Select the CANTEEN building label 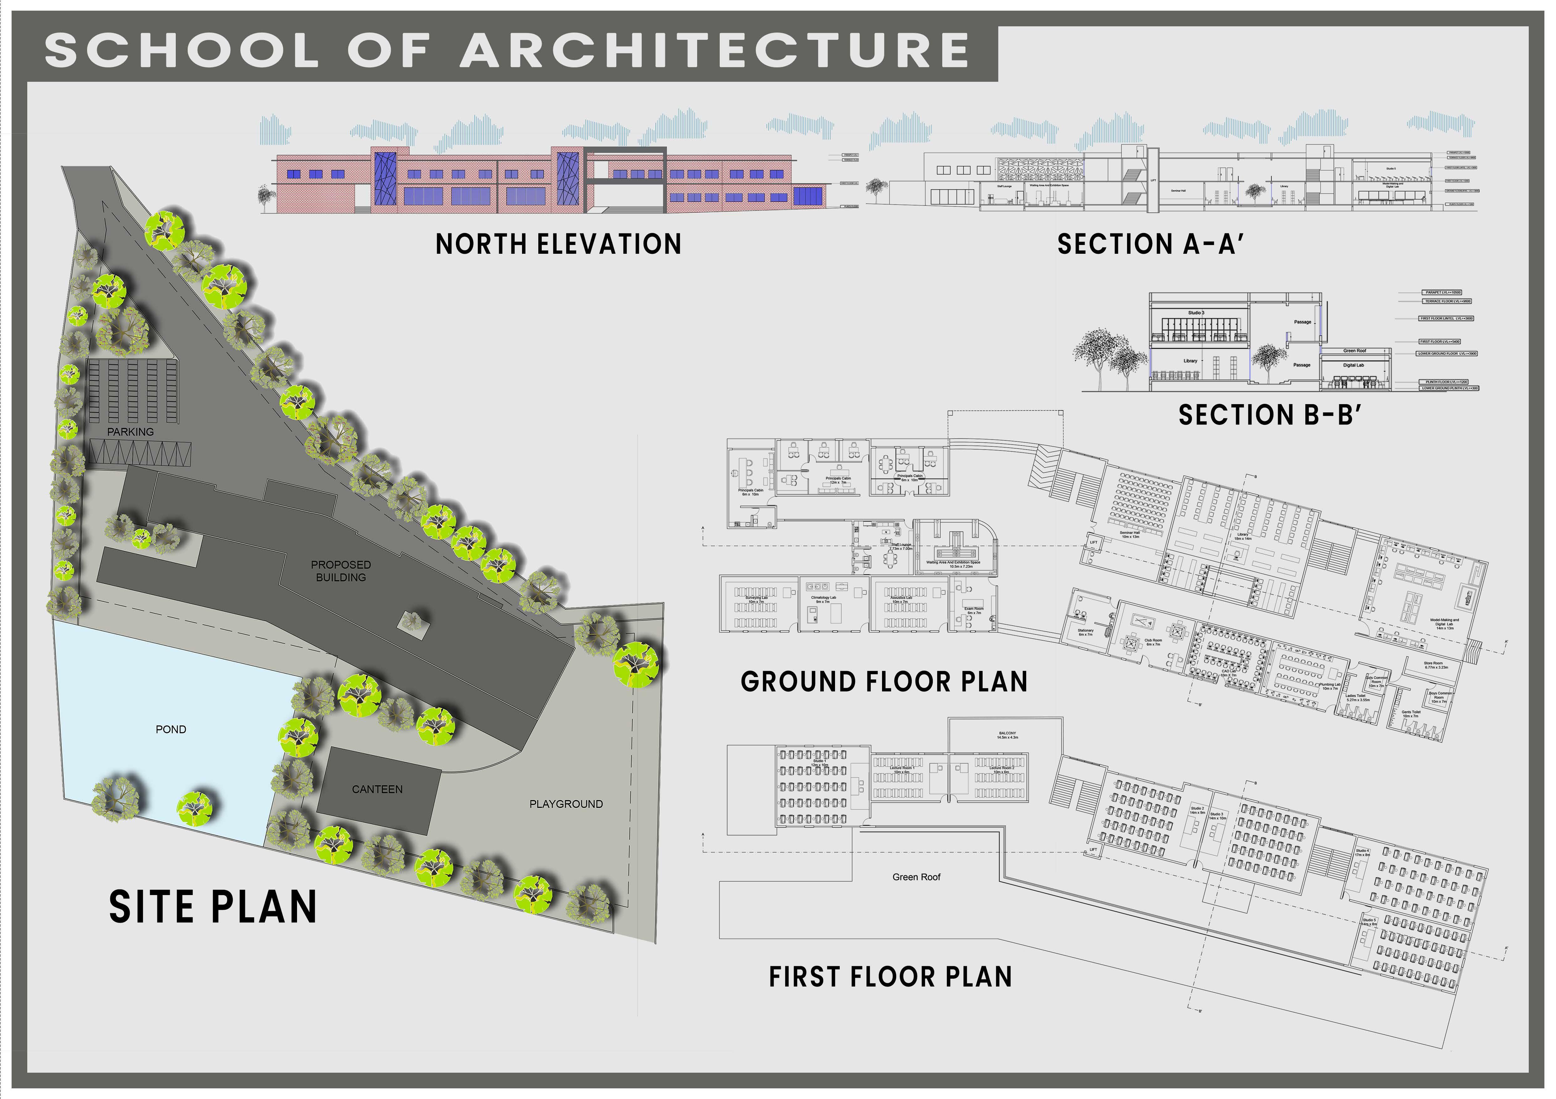pyautogui.click(x=377, y=789)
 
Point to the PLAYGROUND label pyautogui.click(x=566, y=804)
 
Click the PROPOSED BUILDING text pyautogui.click(x=341, y=571)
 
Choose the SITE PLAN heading pyautogui.click(x=213, y=908)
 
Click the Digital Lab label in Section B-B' pyautogui.click(x=1353, y=365)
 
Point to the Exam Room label pyautogui.click(x=974, y=611)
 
